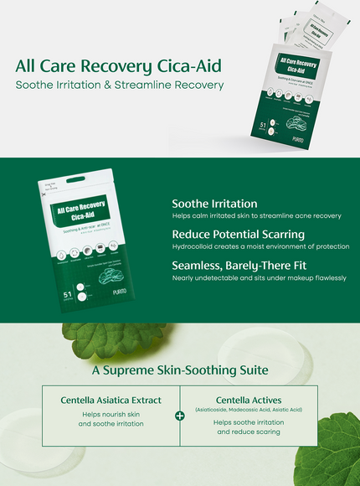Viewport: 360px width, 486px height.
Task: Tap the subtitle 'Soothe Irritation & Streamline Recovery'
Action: (120, 85)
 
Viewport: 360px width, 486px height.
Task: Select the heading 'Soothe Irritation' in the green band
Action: (214, 204)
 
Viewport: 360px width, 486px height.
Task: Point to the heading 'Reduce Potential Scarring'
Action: (238, 235)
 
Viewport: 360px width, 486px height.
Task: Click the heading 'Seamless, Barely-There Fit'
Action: (241, 266)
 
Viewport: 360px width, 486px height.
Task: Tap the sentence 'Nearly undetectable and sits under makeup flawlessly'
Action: (259, 278)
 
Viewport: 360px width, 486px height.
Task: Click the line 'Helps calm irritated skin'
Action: (256, 216)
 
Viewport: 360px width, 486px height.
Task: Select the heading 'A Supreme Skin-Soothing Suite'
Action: (180, 370)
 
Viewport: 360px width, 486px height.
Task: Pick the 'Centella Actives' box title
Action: (248, 400)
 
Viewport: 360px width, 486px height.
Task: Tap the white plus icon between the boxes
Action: (179, 415)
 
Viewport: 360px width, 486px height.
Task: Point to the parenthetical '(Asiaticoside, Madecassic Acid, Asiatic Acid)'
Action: (248, 410)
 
